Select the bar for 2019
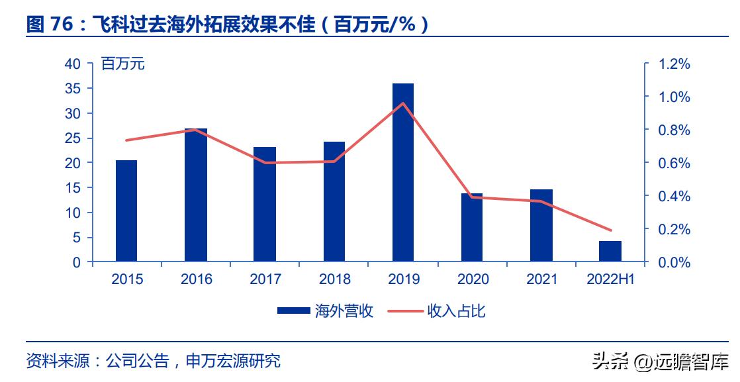[x=403, y=173]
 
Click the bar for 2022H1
[x=610, y=252]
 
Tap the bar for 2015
[x=126, y=211]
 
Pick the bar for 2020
[x=472, y=228]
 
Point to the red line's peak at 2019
[x=403, y=103]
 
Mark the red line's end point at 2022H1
[x=610, y=230]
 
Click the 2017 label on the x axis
[x=265, y=279]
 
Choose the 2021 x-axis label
[x=541, y=279]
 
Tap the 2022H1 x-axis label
[x=610, y=279]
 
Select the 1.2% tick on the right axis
[x=674, y=64]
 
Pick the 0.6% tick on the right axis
[x=674, y=164]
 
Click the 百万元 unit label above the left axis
[x=122, y=64]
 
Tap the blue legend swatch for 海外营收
[x=293, y=310]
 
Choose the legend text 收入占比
[x=457, y=310]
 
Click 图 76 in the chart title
[x=50, y=25]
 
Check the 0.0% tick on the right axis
[x=674, y=263]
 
